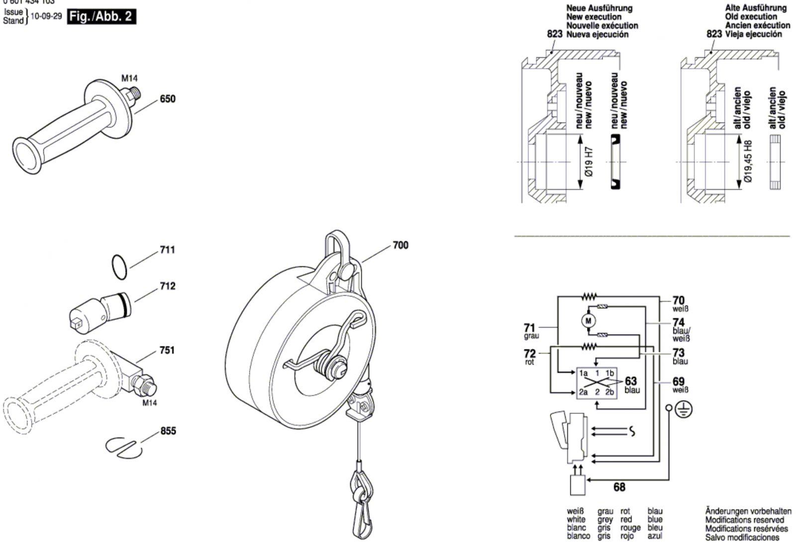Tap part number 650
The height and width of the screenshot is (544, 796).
(x=168, y=99)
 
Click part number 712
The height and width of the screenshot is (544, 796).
(x=168, y=286)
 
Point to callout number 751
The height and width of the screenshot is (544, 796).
(x=167, y=350)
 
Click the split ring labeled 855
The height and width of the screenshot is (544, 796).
(x=124, y=445)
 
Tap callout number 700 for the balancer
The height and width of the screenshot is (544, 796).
(x=400, y=245)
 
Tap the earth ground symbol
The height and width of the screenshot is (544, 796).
(x=685, y=409)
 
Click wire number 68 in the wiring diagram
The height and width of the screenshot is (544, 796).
(x=619, y=487)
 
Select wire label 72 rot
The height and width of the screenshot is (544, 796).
(x=530, y=356)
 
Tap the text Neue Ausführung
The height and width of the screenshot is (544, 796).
(x=599, y=8)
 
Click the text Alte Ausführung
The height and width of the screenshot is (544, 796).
(x=755, y=7)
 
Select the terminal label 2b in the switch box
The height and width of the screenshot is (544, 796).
(x=609, y=392)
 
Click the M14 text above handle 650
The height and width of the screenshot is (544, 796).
(x=129, y=78)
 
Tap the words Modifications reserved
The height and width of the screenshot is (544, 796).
(x=744, y=520)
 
